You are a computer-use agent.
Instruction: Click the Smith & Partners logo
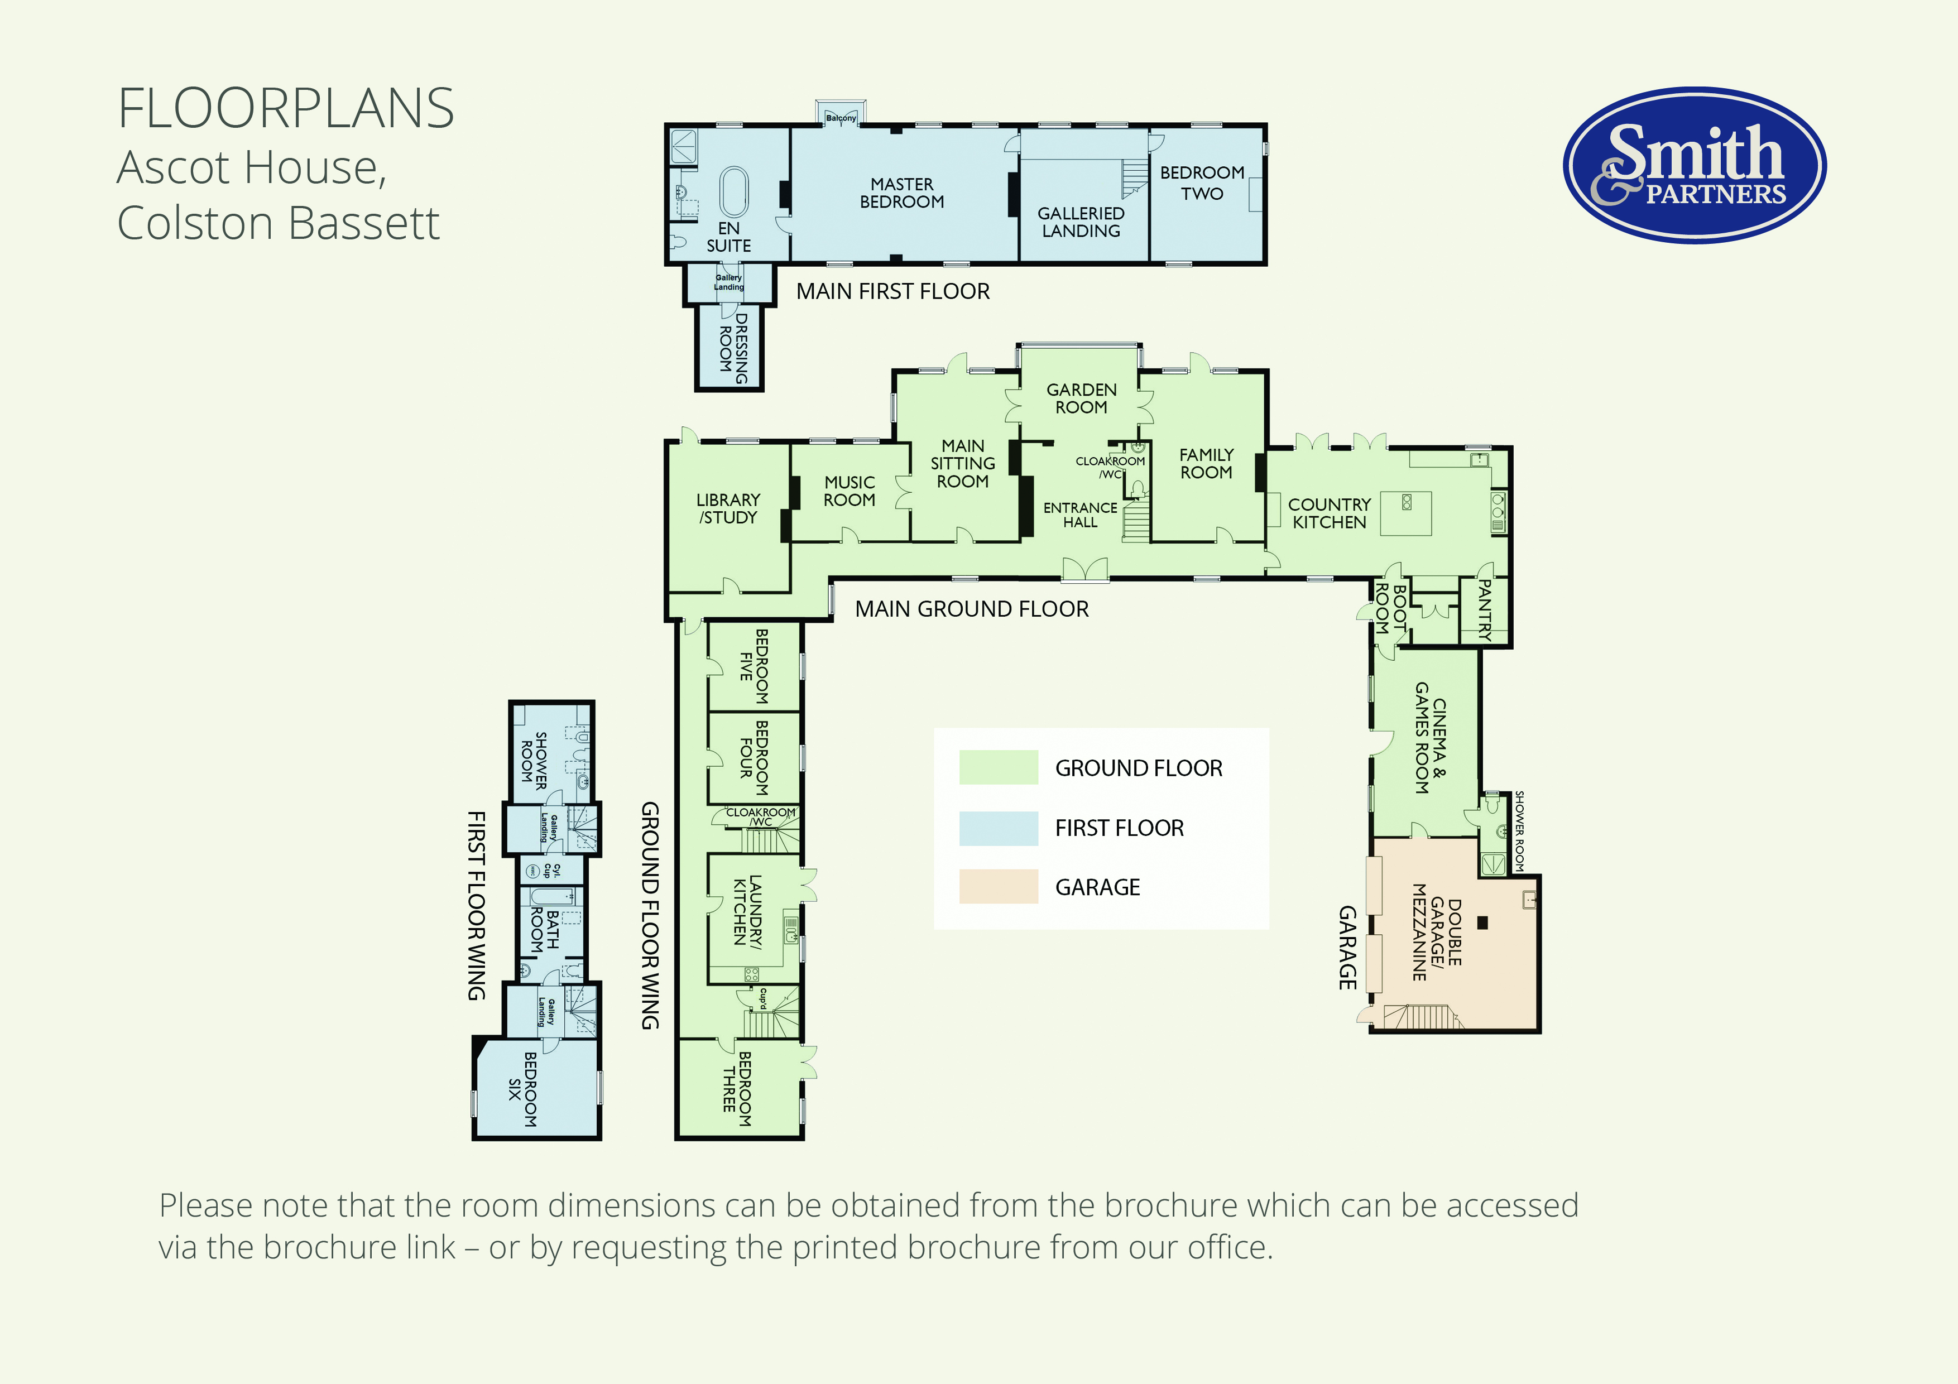point(1695,165)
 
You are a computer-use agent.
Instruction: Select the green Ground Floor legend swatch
point(998,767)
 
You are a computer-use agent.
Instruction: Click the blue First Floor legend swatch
point(998,828)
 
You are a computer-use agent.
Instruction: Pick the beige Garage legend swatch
point(998,887)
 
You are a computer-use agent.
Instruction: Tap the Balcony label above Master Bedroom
point(841,118)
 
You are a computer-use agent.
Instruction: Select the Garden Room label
point(1081,398)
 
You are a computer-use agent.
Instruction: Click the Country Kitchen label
point(1330,513)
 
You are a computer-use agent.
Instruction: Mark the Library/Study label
point(728,508)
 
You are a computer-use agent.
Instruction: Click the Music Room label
point(850,491)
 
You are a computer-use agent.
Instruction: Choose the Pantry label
point(1485,611)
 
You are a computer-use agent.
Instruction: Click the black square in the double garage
point(1482,922)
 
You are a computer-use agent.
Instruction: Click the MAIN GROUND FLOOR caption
point(972,609)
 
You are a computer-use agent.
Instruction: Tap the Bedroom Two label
point(1202,182)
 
